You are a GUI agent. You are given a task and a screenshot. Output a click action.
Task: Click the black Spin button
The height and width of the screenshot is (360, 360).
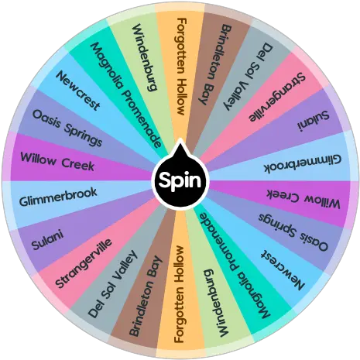coord(180,180)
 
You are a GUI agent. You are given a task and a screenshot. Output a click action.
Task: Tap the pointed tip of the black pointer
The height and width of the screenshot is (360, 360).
coord(180,139)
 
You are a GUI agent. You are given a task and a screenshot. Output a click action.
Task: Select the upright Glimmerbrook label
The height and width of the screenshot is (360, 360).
coord(58,197)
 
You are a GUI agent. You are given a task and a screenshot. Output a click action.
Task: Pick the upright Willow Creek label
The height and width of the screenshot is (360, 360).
coord(57,162)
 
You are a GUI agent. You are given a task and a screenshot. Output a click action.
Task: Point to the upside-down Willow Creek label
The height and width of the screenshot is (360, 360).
coord(303,199)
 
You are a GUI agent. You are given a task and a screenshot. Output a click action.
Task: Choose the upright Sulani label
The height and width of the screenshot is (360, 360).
coord(47,240)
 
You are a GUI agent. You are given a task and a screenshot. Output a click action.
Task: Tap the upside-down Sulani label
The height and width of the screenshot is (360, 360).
coord(313,120)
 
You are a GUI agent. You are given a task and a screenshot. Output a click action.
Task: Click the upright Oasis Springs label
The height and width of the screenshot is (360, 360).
coord(67,128)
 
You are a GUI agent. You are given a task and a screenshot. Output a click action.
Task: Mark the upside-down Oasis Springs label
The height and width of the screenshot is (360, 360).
coord(293,232)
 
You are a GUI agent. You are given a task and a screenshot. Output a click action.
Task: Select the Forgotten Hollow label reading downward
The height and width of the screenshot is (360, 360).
coord(181,67)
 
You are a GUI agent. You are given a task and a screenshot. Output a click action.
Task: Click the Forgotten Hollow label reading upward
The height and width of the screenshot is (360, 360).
coord(179,294)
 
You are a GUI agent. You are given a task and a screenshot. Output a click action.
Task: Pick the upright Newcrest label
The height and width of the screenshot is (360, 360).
coord(78,91)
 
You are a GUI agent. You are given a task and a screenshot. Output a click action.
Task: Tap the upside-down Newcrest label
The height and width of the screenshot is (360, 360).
coord(283,270)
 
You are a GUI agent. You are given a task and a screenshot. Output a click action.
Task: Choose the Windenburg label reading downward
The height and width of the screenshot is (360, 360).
coord(145,57)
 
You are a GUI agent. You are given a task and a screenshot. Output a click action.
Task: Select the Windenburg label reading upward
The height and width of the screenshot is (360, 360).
coord(216,303)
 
